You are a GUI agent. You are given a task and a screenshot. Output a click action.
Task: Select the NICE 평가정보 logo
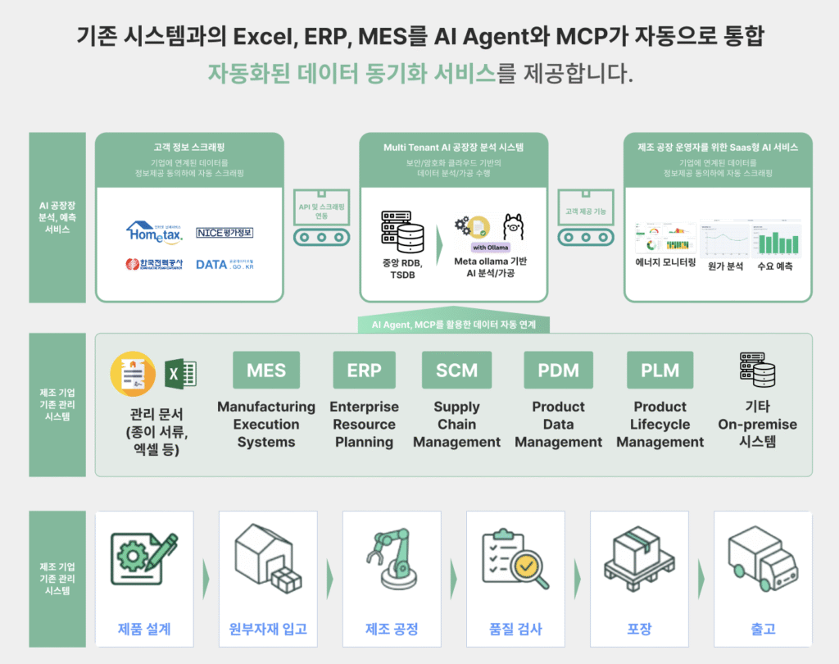(x=224, y=233)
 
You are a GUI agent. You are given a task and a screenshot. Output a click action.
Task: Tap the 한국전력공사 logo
(x=155, y=264)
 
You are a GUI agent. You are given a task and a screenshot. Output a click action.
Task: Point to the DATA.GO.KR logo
(x=224, y=264)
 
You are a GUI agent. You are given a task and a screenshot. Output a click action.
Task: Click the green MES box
(x=266, y=370)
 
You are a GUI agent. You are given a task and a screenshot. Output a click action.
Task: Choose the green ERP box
(x=364, y=370)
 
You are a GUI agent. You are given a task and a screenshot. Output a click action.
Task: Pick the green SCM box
(x=456, y=370)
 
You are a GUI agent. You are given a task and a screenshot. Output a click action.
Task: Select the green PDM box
(x=558, y=370)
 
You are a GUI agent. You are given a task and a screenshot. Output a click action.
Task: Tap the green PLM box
(x=660, y=370)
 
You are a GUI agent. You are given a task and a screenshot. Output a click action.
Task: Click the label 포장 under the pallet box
(x=639, y=629)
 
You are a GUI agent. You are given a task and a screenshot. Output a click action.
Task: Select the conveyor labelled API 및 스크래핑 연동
(x=321, y=221)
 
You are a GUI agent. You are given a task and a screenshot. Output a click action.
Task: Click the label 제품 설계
(x=144, y=629)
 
